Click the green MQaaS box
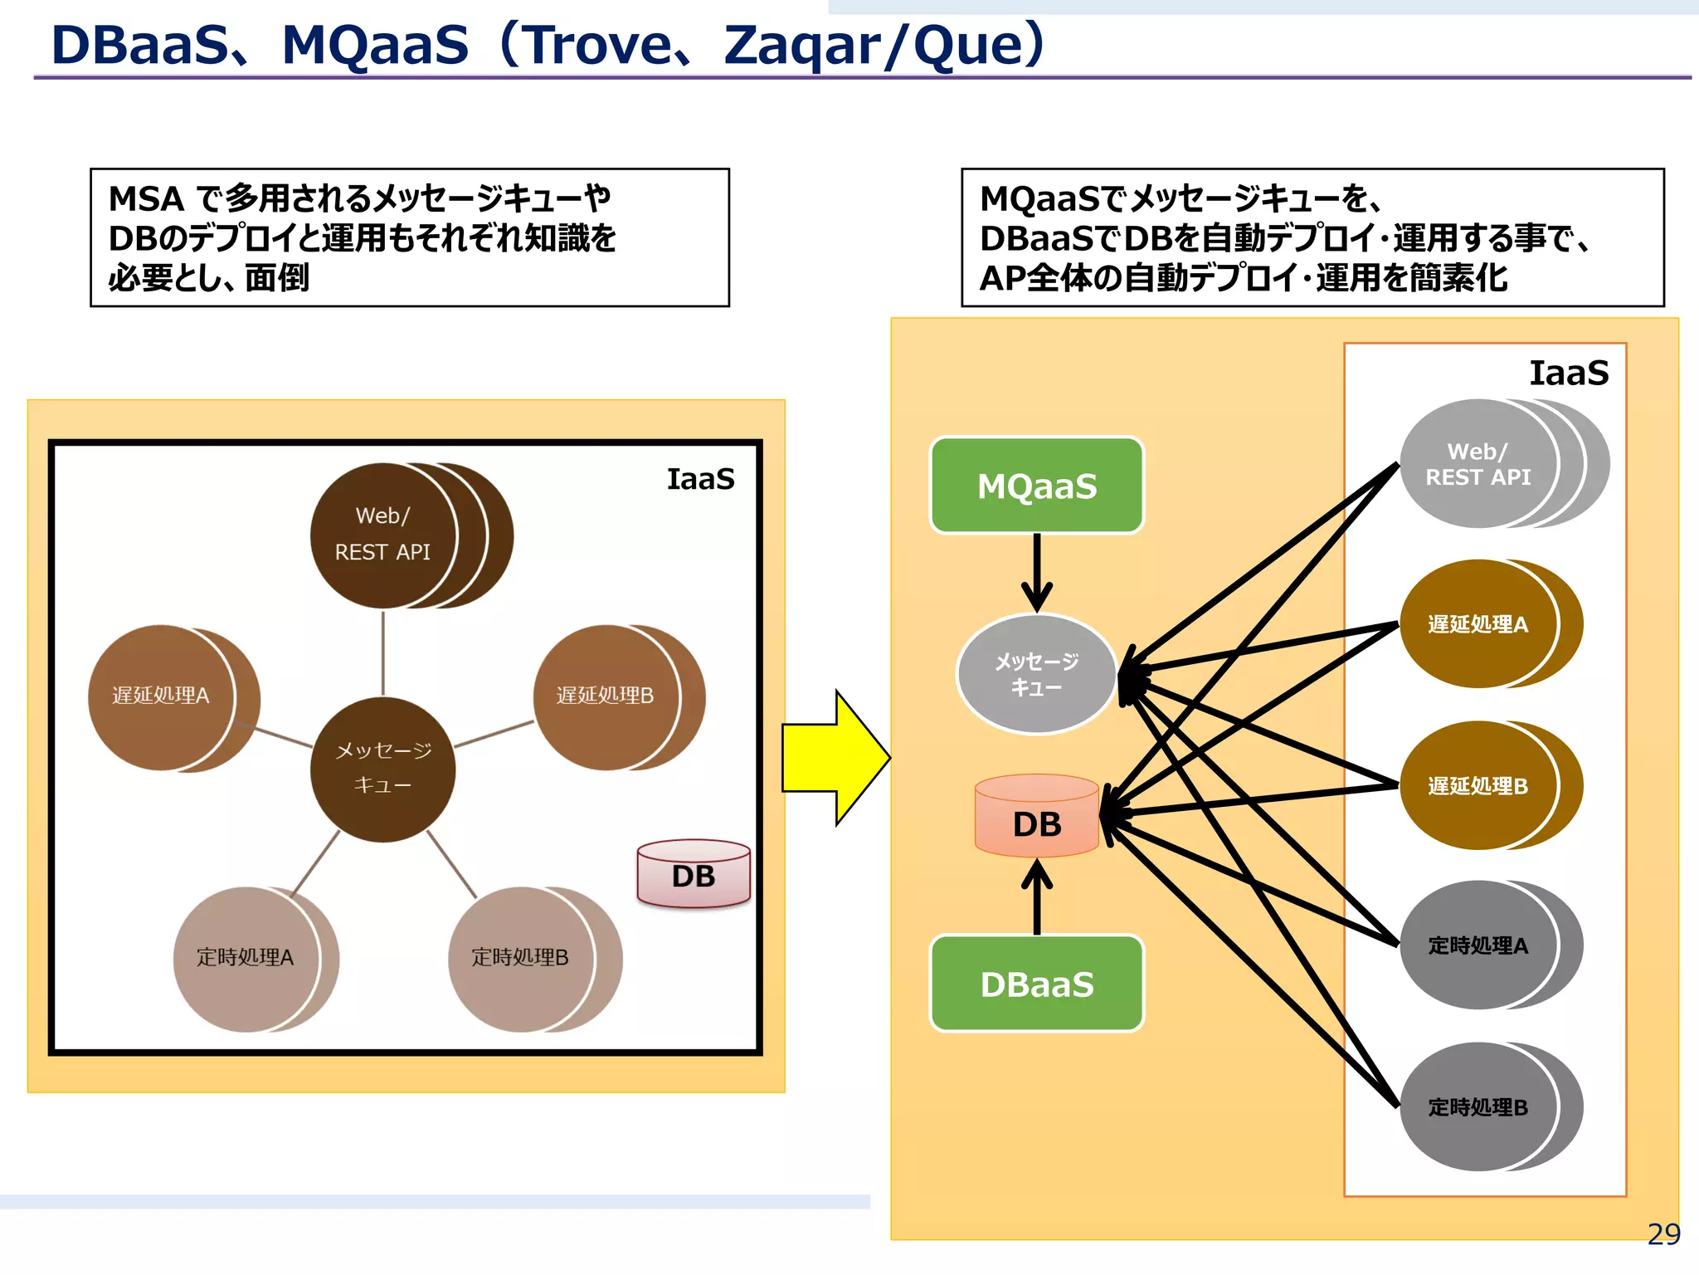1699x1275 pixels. (1036, 486)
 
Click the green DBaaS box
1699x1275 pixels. (1036, 984)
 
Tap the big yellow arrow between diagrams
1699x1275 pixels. (834, 758)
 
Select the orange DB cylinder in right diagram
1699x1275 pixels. (1036, 818)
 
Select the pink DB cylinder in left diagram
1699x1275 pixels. (694, 875)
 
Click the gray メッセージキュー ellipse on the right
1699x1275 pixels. (1036, 674)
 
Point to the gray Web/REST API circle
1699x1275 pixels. (1477, 464)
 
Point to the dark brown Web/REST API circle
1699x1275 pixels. (382, 535)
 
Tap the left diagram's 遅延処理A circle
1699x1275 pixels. (161, 696)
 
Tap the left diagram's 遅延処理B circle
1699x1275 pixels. (605, 696)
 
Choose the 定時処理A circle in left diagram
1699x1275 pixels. (246, 959)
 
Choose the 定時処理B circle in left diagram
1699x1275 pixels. (520, 959)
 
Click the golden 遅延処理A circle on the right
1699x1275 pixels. (1477, 624)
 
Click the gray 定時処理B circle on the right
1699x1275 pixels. (1477, 1107)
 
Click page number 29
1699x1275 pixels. (1663, 1235)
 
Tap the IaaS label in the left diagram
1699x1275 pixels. (700, 480)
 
